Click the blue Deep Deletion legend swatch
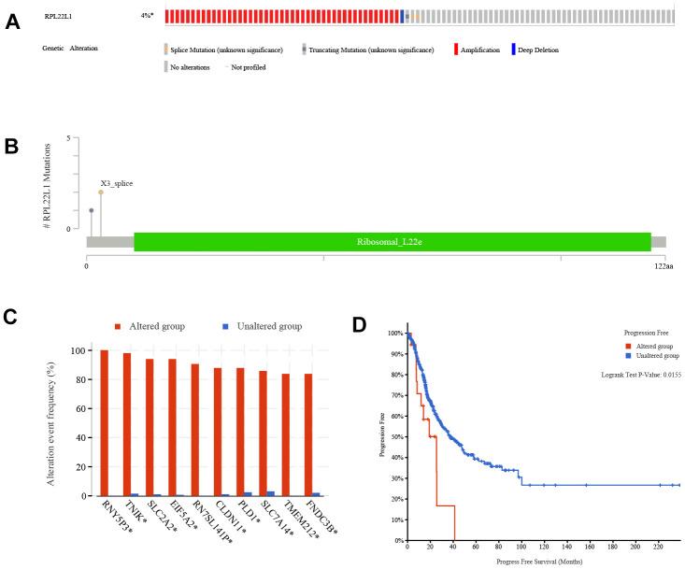click(513, 50)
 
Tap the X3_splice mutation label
click(117, 183)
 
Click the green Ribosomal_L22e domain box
click(392, 241)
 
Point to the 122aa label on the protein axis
click(661, 266)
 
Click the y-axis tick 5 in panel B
click(69, 138)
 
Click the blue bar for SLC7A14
click(271, 493)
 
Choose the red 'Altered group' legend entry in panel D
click(645, 346)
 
